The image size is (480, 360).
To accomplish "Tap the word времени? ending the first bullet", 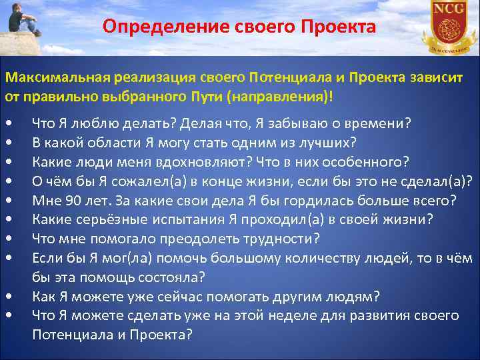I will click(x=381, y=123).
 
